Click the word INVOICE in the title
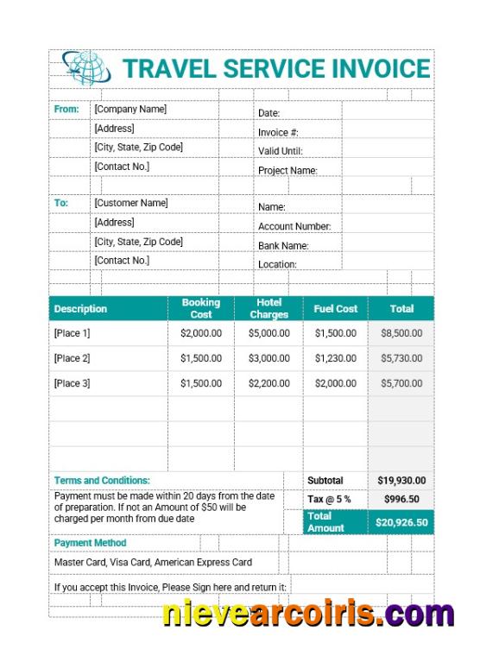381,68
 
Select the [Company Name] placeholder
130,110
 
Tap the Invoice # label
278,132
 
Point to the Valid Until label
280,151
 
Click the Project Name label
287,170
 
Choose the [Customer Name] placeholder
131,203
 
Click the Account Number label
294,226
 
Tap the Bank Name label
283,245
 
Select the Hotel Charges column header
269,308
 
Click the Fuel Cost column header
336,308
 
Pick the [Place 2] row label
72,358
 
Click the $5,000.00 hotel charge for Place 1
269,333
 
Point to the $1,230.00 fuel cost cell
336,358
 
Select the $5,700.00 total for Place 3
401,383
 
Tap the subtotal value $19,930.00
401,481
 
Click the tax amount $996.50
401,499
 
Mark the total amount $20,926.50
401,522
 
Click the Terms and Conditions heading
102,480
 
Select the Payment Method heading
90,543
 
